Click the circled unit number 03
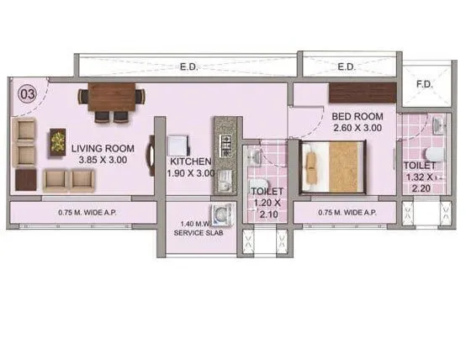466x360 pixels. pyautogui.click(x=26, y=94)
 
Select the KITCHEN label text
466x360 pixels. pyautogui.click(x=190, y=161)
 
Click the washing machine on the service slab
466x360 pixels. pyautogui.click(x=223, y=213)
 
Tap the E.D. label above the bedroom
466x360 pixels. pyautogui.click(x=346, y=65)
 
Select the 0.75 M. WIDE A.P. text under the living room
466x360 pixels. pyautogui.click(x=82, y=212)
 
